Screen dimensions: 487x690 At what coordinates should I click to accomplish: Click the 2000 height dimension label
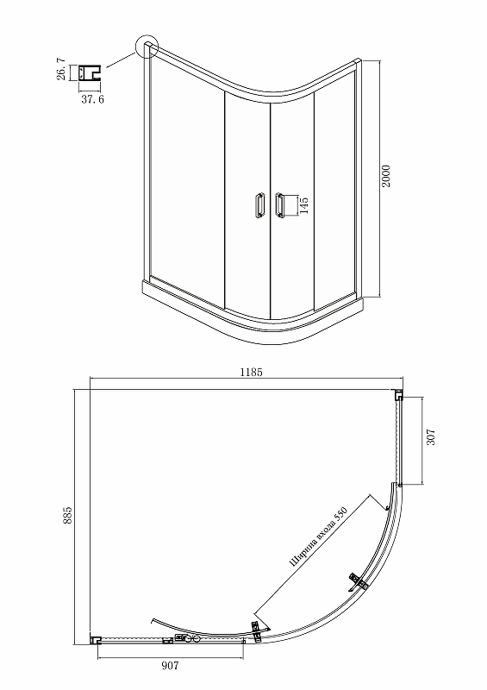coord(385,176)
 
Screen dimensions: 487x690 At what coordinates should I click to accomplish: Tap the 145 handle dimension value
coord(303,205)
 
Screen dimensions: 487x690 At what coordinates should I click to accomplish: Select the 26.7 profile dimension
coord(61,69)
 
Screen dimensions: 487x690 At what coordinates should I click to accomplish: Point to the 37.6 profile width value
coord(93,99)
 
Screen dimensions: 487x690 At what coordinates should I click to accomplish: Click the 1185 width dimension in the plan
coord(251,373)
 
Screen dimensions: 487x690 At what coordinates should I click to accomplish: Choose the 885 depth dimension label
coord(67,515)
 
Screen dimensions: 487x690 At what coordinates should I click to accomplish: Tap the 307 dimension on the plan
coord(431,437)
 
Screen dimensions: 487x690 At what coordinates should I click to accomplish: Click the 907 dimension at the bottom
coord(170,665)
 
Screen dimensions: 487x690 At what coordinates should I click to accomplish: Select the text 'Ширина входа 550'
coord(318,536)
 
